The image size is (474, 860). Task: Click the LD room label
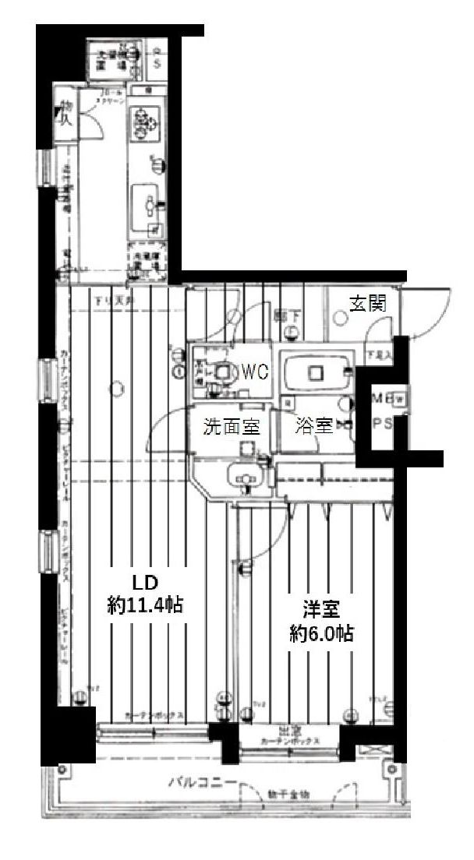(145, 583)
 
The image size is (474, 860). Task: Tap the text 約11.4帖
(145, 605)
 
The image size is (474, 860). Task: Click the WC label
(254, 372)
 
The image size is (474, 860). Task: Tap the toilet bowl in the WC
(225, 373)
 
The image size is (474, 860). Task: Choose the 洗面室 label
(226, 426)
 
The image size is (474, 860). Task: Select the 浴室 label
(314, 426)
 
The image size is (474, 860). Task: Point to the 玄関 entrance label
(366, 304)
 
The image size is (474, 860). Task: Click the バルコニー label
(203, 783)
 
